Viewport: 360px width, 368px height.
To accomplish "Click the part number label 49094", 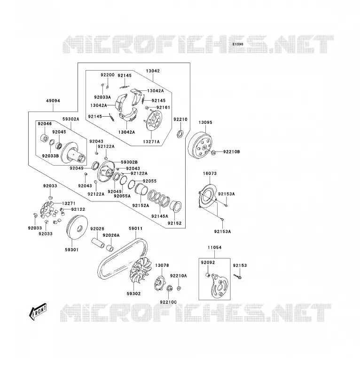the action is click(53, 101).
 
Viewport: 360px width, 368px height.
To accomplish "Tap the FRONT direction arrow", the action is click(38, 312).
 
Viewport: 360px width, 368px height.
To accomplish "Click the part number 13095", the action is click(205, 122).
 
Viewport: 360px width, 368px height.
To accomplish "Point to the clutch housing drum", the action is click(200, 146).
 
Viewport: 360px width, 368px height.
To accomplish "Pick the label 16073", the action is click(210, 174).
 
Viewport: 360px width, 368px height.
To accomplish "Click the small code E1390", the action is click(238, 44).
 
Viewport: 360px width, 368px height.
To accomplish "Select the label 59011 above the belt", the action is click(136, 228).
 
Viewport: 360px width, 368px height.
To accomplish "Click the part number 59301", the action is click(72, 250).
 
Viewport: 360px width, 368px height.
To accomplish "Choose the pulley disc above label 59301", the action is click(78, 227).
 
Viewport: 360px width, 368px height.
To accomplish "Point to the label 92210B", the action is click(232, 152).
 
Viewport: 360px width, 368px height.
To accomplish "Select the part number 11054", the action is click(214, 248).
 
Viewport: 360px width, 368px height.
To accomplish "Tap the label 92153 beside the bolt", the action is click(240, 265).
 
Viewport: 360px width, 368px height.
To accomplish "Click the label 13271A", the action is click(151, 142).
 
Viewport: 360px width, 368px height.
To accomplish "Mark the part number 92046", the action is click(45, 124).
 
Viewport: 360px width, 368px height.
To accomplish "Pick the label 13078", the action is click(162, 265).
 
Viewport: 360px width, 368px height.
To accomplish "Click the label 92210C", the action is click(169, 302).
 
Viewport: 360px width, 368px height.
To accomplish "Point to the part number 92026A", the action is click(111, 235).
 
